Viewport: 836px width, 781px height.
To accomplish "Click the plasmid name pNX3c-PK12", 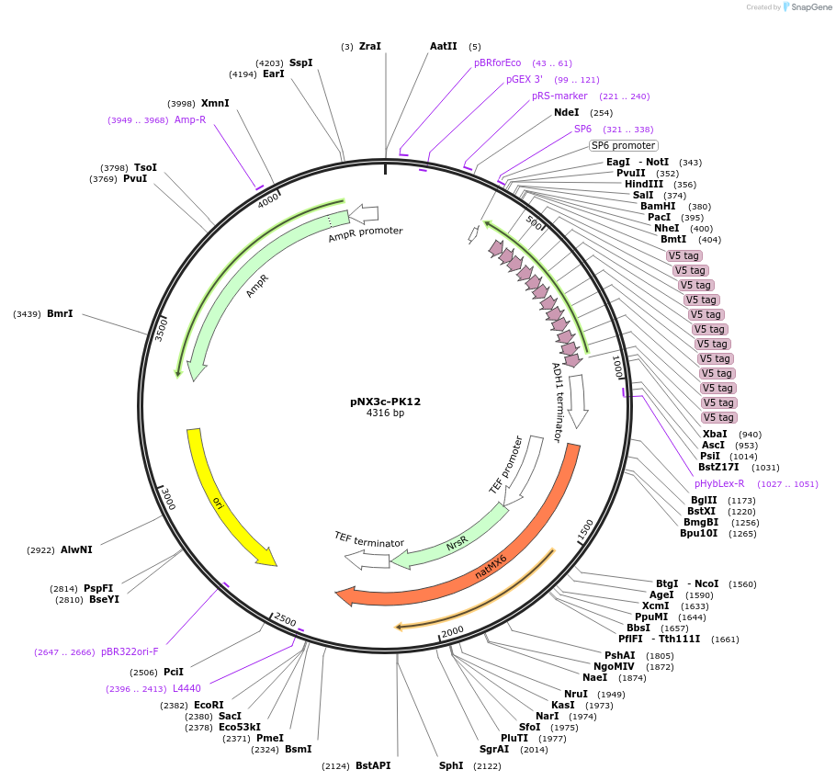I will pyautogui.click(x=385, y=402).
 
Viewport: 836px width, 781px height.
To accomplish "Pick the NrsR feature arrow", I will pyautogui.click(x=458, y=543).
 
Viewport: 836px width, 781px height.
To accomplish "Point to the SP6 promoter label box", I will pyautogui.click(x=623, y=145).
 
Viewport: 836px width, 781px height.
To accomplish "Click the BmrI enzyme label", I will pyautogui.click(x=60, y=314).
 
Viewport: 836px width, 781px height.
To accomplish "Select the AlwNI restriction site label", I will pyautogui.click(x=76, y=550).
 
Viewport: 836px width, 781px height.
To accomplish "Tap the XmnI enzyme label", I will pyautogui.click(x=215, y=104).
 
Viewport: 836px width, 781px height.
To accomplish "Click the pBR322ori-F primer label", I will pyautogui.click(x=130, y=651).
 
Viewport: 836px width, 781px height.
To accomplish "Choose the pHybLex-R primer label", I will pyautogui.click(x=719, y=483).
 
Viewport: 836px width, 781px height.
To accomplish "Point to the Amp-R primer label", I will pyautogui.click(x=190, y=119).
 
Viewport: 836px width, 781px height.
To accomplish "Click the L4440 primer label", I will pyautogui.click(x=186, y=687).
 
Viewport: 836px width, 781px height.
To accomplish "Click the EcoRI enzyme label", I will pyautogui.click(x=209, y=705).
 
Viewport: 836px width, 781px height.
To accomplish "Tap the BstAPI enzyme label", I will pyautogui.click(x=373, y=765).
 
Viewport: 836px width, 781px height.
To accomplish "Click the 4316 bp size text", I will pyautogui.click(x=385, y=413).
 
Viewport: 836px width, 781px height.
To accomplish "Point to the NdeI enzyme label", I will pyautogui.click(x=567, y=112).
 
